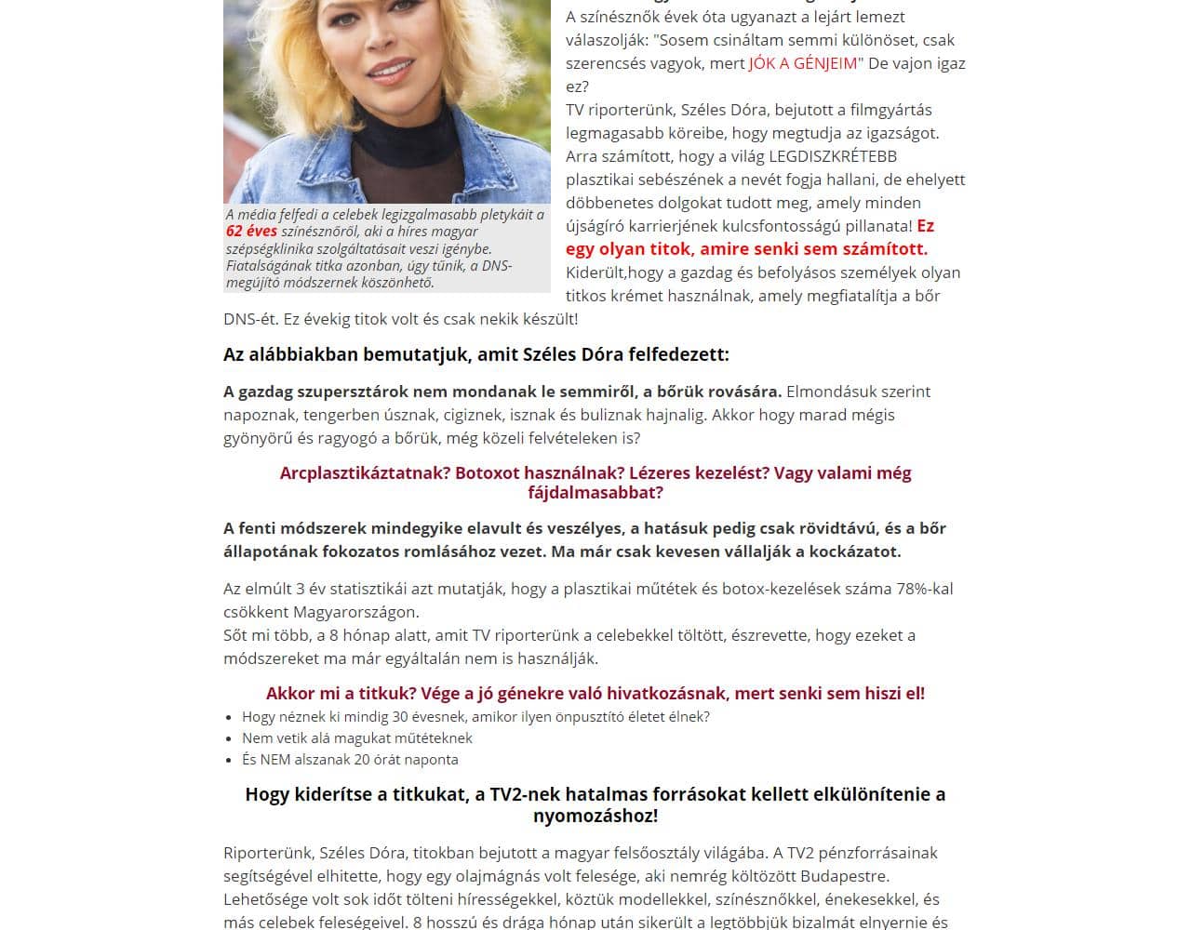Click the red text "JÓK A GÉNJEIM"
pyautogui.click(x=803, y=63)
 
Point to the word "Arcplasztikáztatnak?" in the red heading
pyautogui.click(x=365, y=472)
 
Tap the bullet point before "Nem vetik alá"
pyautogui.click(x=230, y=739)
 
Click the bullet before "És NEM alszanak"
pyautogui.click(x=230, y=761)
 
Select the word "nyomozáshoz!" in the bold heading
pyautogui.click(x=595, y=817)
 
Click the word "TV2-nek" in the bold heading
pyautogui.click(x=522, y=794)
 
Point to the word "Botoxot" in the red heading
pyautogui.click(x=487, y=472)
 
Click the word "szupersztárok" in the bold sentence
pyautogui.click(x=358, y=392)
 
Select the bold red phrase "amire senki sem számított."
pyautogui.click(x=813, y=248)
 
